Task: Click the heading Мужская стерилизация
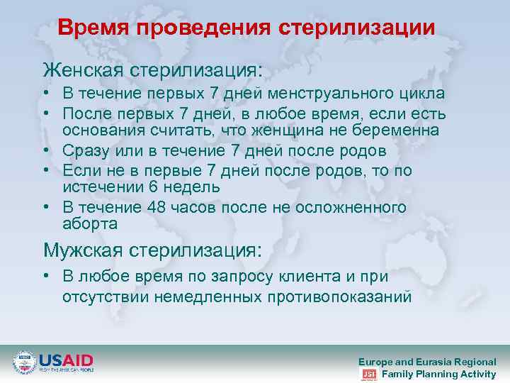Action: point(152,250)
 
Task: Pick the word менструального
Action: point(329,94)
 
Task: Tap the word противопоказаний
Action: point(339,296)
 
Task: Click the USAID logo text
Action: point(66,358)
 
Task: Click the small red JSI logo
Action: point(368,374)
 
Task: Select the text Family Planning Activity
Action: point(438,374)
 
